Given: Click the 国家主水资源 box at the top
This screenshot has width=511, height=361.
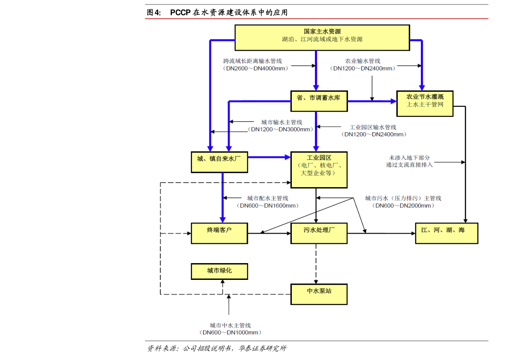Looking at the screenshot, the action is point(322,37).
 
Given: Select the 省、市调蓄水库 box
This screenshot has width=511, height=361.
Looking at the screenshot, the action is point(319,101).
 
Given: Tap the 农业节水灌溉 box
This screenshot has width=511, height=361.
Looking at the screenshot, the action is point(425,103).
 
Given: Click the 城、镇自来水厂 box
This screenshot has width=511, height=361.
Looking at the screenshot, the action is point(219,162).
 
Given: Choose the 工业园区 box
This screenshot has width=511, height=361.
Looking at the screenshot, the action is point(319,170).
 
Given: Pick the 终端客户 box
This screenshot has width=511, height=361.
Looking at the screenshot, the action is point(219,233).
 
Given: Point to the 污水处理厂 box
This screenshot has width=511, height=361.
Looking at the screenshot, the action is point(319,233).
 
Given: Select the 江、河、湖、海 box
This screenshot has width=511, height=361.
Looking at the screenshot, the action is point(447,233).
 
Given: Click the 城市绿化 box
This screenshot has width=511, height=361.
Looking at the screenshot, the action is point(219,271).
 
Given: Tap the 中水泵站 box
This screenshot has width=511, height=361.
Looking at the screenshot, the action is point(319,294).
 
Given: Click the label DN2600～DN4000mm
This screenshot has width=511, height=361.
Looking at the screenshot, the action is point(256,69).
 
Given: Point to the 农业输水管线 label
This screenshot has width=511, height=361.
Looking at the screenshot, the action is point(363,61).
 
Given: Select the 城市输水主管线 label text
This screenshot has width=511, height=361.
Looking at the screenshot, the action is point(281,122).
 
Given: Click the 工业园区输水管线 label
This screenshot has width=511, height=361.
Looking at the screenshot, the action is point(373,127).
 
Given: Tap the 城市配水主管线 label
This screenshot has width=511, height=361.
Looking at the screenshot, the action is point(268,198).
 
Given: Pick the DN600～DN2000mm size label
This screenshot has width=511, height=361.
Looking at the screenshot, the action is point(403,206).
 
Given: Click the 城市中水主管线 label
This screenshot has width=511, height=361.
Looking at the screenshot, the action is point(230,325).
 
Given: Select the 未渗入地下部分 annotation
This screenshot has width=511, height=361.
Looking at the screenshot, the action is point(409,158).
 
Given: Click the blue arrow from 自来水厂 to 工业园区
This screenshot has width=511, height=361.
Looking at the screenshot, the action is point(269,157).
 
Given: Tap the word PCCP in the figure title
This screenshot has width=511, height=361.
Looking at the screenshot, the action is point(180,12).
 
